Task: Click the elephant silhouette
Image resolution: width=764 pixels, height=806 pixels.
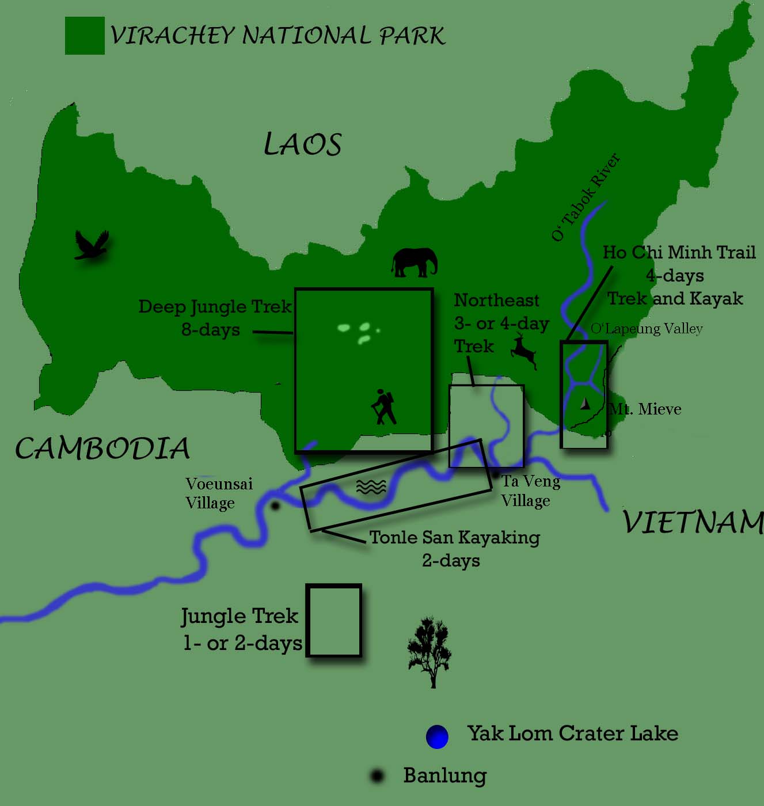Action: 415,263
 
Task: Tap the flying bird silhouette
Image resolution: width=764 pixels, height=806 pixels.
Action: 92,245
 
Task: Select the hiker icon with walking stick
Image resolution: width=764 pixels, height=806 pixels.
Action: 383,407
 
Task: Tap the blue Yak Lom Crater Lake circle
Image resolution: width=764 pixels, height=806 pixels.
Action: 437,737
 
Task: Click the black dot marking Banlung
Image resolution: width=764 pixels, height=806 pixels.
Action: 377,776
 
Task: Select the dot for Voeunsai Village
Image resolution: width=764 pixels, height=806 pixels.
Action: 275,506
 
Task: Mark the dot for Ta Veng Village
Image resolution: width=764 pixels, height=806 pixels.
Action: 496,475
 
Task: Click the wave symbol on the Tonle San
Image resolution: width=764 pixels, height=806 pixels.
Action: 371,487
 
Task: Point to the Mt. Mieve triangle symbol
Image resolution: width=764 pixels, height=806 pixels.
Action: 585,404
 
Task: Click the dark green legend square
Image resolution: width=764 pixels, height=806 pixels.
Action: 85,36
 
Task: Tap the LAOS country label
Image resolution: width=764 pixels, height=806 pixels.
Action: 303,144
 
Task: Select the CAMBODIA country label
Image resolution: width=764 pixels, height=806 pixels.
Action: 102,448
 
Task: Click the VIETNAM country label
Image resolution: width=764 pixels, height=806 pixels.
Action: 693,523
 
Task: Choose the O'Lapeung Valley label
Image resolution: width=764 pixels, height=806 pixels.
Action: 647,329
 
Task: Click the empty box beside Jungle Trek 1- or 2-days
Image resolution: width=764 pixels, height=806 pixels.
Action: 333,621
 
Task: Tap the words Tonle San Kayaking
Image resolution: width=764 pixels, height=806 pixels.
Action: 454,538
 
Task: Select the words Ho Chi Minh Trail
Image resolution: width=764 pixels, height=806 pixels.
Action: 679,252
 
